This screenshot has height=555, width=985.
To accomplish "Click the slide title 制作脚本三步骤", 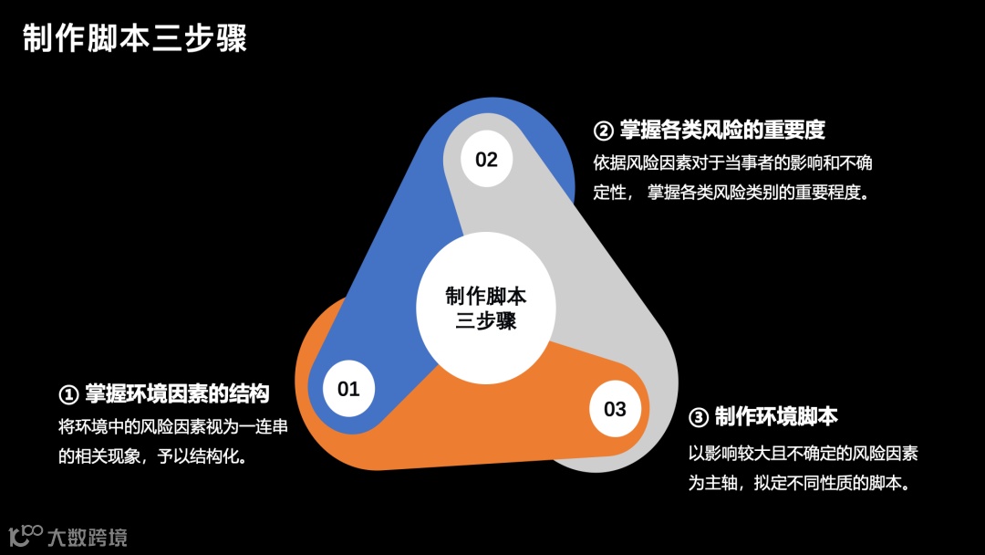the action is tap(135, 39).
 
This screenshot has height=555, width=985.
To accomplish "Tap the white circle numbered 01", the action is tap(348, 390).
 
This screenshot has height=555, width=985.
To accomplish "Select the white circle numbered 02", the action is tap(486, 161).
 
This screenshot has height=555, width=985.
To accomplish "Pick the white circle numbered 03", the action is tap(615, 409).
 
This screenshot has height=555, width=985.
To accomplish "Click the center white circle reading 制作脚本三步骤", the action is tap(485, 309).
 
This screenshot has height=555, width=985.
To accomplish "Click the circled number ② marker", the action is tap(603, 131).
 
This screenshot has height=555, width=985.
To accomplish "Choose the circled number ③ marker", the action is tap(698, 418).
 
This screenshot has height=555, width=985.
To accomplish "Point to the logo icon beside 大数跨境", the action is tap(26, 534).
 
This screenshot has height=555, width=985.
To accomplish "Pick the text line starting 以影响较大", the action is tap(803, 453).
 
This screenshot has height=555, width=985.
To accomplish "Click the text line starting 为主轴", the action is tap(800, 483).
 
